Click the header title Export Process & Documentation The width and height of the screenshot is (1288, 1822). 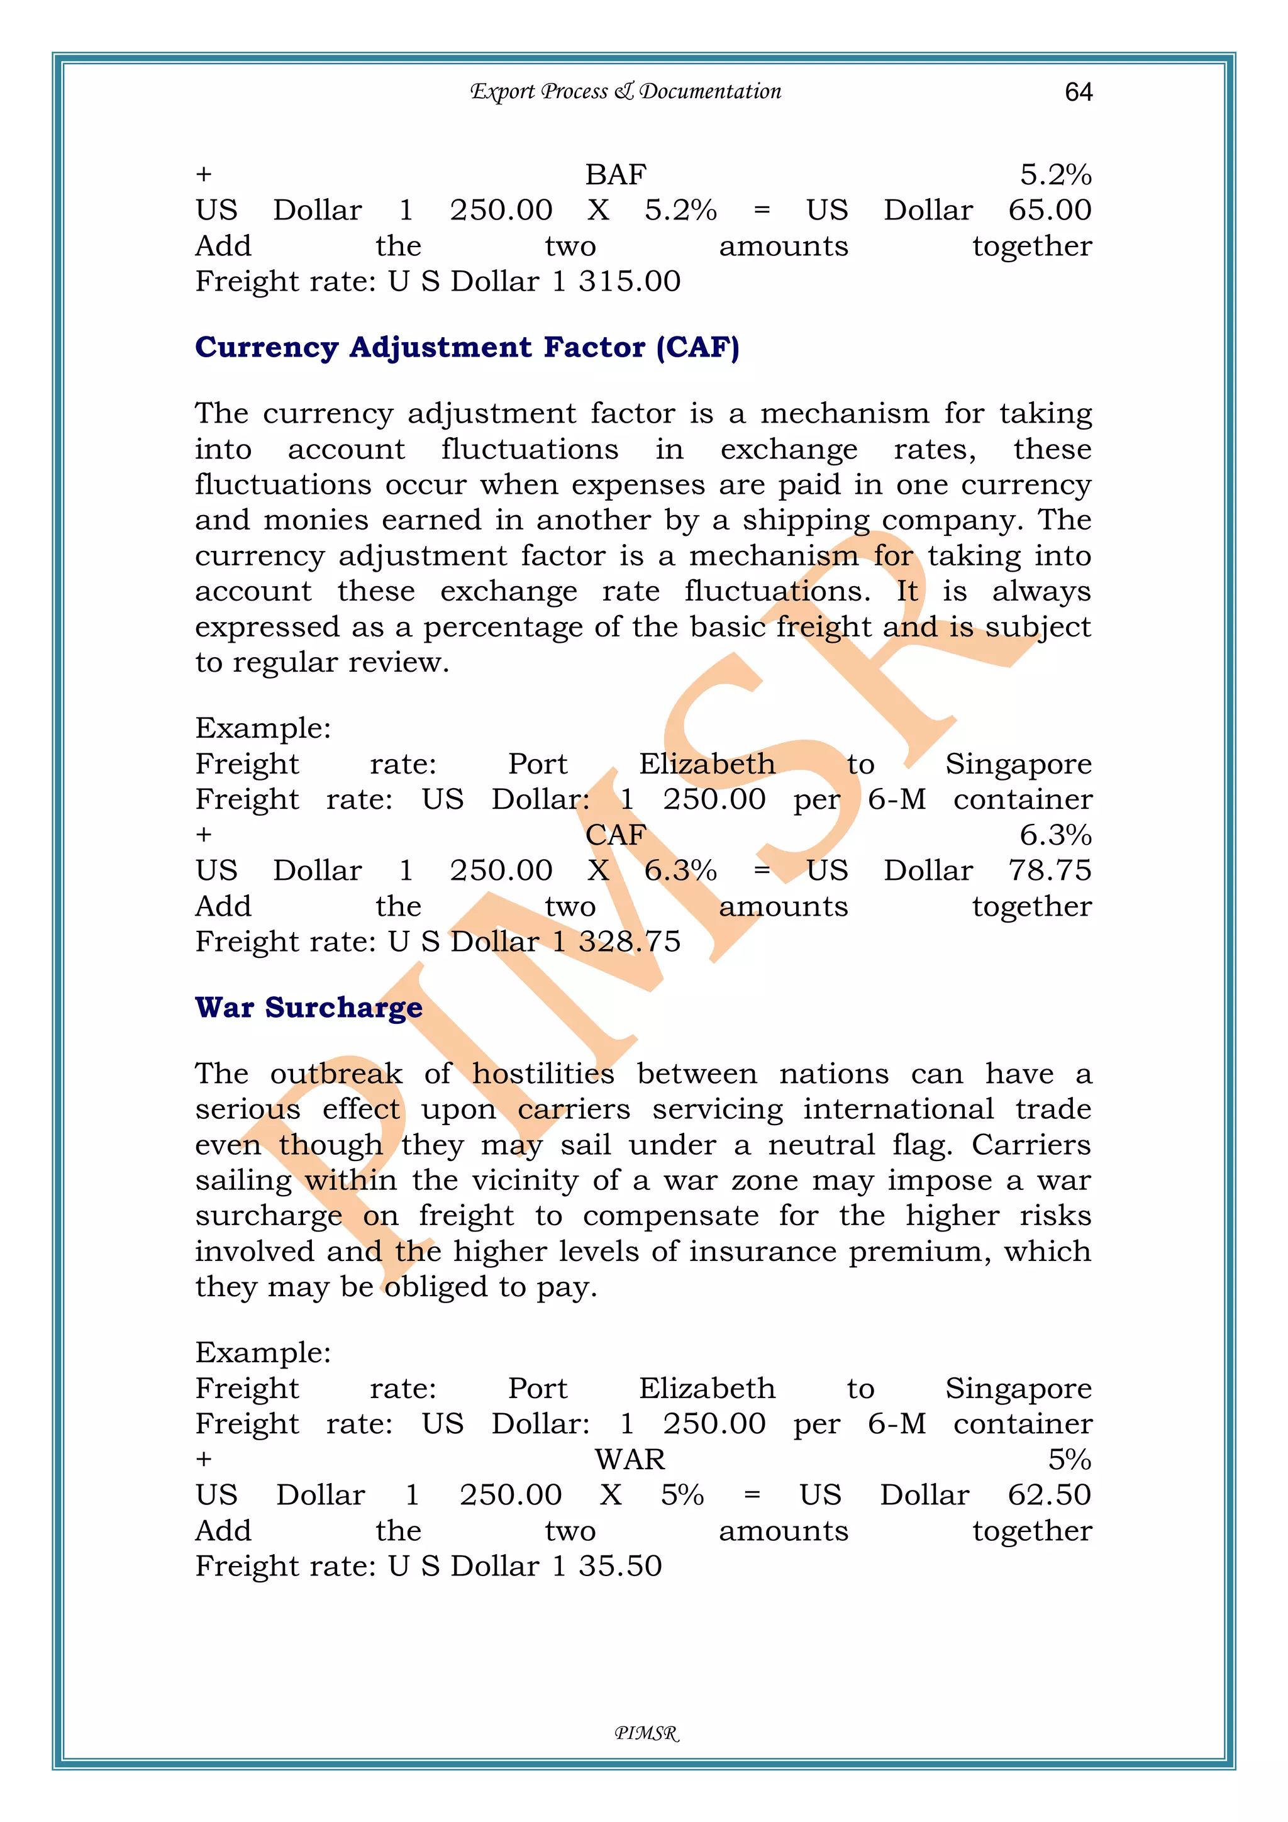[x=625, y=91]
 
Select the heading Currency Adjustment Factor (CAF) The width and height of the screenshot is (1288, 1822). [x=467, y=348]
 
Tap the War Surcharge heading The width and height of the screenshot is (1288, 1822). [x=309, y=1007]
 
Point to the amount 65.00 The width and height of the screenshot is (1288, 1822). [x=1049, y=210]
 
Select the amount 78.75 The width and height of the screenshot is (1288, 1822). [x=1049, y=870]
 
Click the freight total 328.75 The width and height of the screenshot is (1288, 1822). [x=630, y=942]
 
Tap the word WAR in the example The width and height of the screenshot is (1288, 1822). [x=630, y=1459]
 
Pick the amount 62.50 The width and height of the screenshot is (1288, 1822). [x=1049, y=1495]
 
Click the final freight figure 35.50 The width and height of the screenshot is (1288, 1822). [x=620, y=1565]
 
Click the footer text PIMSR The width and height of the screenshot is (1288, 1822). [x=647, y=1734]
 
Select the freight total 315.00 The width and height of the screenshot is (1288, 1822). [x=630, y=282]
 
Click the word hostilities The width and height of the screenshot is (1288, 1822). [x=543, y=1074]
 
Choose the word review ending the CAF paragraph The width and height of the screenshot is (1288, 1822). [x=394, y=663]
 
